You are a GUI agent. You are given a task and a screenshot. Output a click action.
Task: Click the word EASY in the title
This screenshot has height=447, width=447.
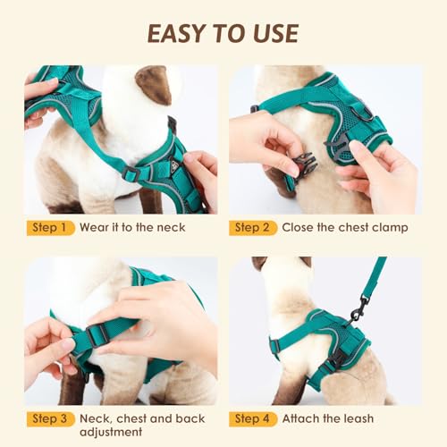(176, 32)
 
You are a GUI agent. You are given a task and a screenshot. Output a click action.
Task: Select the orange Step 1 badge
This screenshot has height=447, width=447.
(49, 227)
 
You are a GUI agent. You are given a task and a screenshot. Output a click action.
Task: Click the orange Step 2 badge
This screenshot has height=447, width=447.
(252, 227)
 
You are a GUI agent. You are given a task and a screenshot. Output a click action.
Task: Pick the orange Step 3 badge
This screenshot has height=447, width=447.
(49, 418)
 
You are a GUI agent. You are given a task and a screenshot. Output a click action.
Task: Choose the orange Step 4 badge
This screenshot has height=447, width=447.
(252, 418)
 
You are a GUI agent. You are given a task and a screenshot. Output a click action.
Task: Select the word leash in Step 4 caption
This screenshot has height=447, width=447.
(356, 418)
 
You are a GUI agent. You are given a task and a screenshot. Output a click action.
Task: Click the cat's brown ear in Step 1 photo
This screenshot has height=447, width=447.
(153, 85)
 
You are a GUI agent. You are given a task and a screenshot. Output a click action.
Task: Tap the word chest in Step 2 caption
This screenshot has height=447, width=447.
(349, 227)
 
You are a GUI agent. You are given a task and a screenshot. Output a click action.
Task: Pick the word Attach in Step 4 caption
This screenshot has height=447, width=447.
(301, 418)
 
